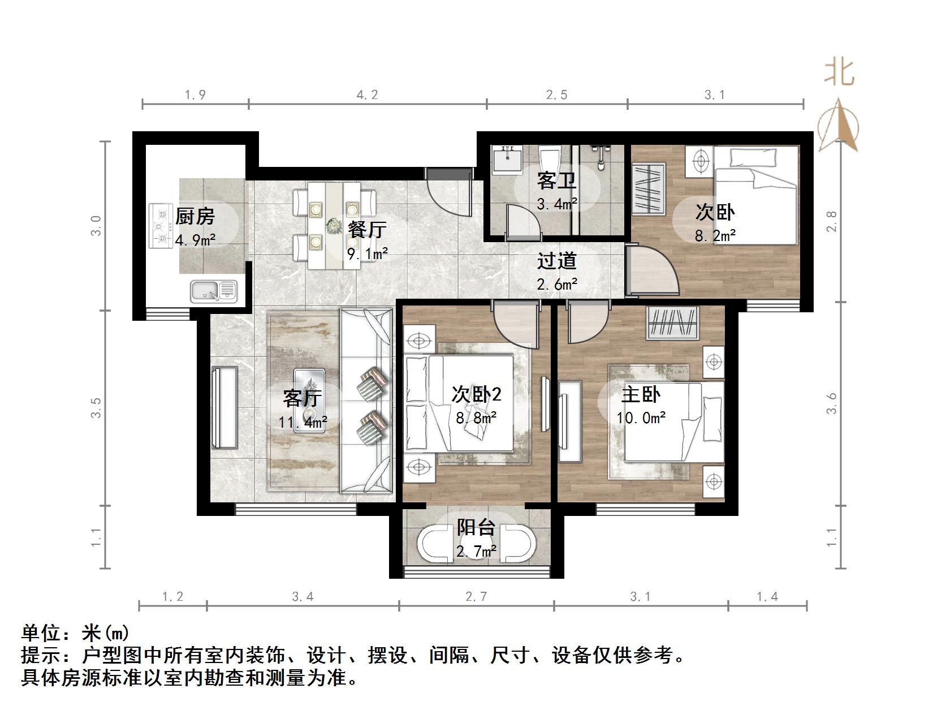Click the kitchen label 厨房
click(195, 217)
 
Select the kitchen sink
click(214, 291)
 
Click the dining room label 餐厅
click(367, 229)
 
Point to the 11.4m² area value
click(303, 422)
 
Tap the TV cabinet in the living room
click(224, 407)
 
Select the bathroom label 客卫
click(556, 181)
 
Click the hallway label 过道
click(556, 261)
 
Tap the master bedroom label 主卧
click(641, 394)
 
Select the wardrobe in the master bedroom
click(673, 323)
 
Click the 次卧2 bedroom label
click(476, 394)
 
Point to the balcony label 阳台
click(476, 527)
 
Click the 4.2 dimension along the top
click(367, 95)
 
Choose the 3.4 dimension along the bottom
click(303, 596)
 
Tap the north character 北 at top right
click(839, 73)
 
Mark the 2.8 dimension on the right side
click(831, 221)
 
